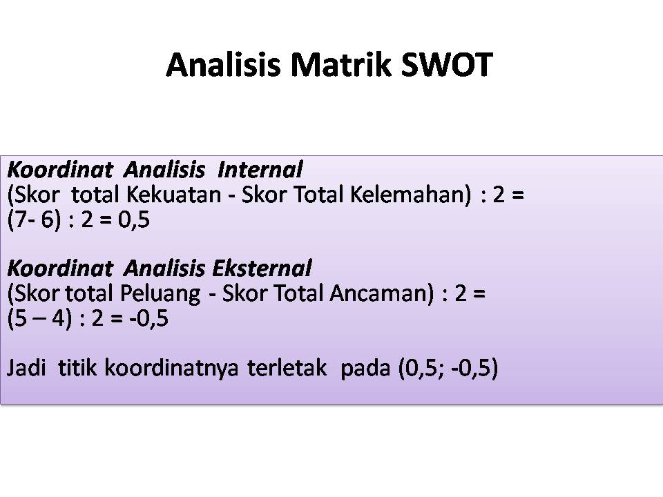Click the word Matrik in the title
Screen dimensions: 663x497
pos(340,65)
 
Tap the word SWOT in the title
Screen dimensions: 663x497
pos(446,65)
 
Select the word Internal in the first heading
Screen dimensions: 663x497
pos(260,170)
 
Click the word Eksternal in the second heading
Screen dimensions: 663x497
pos(262,269)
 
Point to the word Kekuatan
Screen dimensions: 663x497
pos(174,195)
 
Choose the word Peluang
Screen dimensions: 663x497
pos(160,294)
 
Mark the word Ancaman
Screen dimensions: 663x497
pos(382,293)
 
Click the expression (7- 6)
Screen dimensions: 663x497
pos(35,220)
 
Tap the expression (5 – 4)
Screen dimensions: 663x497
pos(40,319)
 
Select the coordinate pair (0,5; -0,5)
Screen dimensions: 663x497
pos(448,368)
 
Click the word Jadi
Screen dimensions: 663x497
pos(26,368)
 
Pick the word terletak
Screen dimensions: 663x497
pos(287,368)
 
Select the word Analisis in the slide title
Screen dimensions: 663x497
pos(224,65)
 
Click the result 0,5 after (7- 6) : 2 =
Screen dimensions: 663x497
pos(133,220)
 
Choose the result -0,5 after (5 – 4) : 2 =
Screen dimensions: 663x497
pos(149,319)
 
